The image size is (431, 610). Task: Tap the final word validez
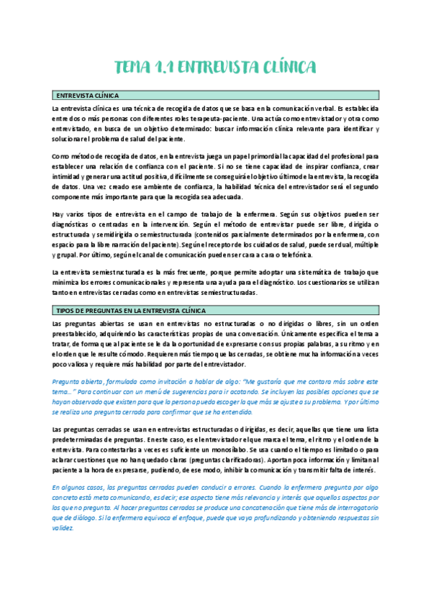click(63, 527)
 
